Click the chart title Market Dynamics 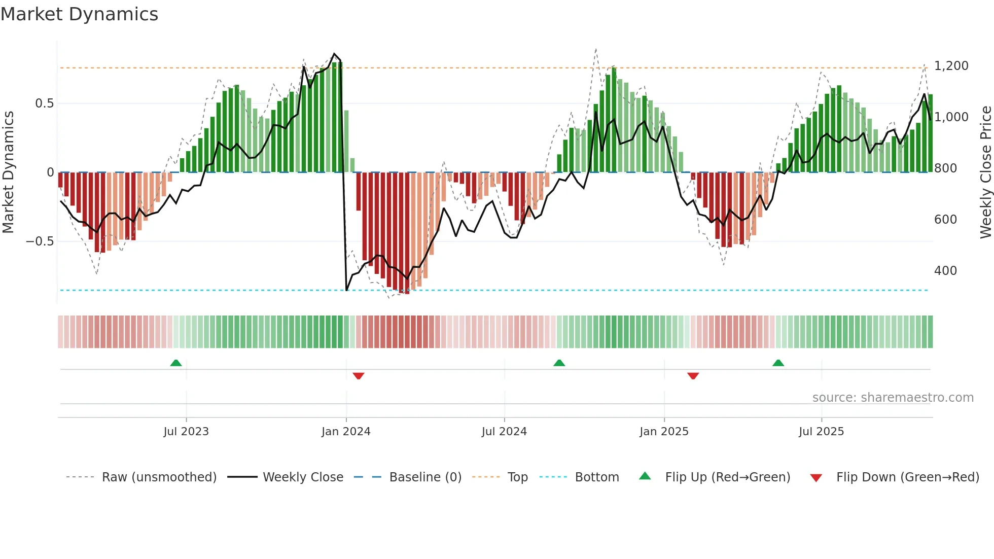coord(80,14)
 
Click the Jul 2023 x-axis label coord(186,431)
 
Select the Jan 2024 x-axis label coord(346,431)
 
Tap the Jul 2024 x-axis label coord(504,431)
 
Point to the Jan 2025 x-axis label coord(664,431)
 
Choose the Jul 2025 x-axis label coord(821,431)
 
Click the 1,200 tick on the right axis coord(951,66)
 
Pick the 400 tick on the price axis coord(945,271)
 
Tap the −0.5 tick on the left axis coord(40,241)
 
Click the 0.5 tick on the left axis coord(44,103)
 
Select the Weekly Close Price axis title coord(985,172)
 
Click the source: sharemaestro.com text coord(893,398)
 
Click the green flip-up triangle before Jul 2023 coord(176,363)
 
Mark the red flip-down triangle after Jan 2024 coord(359,376)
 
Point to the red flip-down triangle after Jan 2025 coord(693,376)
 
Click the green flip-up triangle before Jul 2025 coord(778,363)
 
